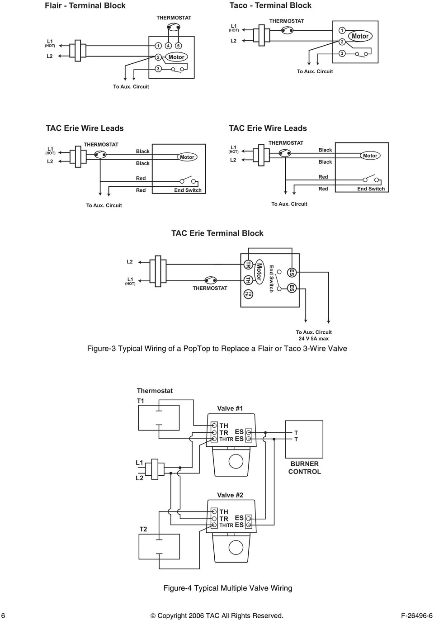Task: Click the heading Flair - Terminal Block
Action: tap(85, 6)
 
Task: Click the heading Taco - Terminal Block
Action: tap(270, 5)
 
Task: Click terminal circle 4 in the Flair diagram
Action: tap(168, 46)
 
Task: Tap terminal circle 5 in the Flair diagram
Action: tap(179, 46)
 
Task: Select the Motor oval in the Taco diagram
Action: tap(360, 36)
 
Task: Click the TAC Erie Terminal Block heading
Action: tap(217, 233)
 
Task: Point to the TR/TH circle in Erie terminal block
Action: tap(248, 294)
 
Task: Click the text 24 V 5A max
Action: tap(313, 338)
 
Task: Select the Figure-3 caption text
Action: tap(217, 349)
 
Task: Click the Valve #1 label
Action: tap(230, 408)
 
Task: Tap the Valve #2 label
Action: tap(230, 495)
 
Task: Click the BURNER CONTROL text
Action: tap(304, 468)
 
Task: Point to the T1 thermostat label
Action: tap(141, 400)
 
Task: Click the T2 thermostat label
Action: tap(143, 529)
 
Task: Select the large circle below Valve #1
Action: tap(236, 461)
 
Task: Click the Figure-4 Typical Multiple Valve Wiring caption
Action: tap(227, 588)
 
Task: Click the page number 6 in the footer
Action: tap(4, 615)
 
